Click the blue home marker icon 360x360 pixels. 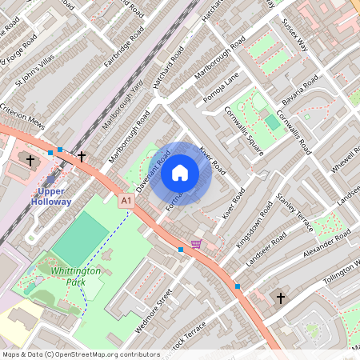[x=180, y=173]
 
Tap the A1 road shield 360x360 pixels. [x=126, y=199]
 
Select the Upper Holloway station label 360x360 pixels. [x=54, y=196]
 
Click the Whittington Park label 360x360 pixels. [x=76, y=276]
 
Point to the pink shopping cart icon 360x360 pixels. [x=197, y=244]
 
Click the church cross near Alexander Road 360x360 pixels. [x=281, y=298]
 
